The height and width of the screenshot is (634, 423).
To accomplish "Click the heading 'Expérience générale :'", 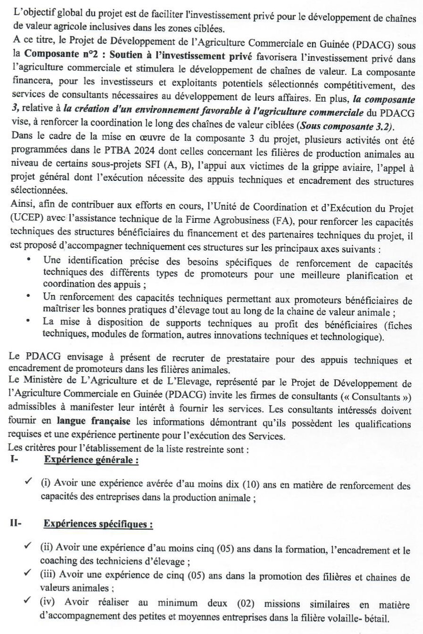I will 91,460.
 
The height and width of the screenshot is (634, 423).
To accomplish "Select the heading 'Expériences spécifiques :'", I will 98,524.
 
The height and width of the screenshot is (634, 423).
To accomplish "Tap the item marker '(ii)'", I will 47,550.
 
